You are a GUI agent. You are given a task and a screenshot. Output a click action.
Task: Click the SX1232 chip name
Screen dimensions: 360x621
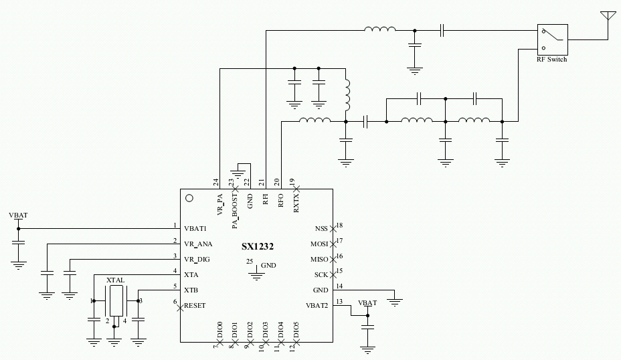click(258, 246)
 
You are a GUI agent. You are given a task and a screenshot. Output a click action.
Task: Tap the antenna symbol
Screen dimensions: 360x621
click(608, 17)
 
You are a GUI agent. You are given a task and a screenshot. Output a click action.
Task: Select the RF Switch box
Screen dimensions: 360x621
click(552, 40)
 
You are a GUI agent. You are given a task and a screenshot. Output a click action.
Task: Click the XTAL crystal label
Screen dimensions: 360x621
click(116, 279)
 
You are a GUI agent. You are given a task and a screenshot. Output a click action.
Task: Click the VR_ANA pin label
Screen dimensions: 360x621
click(199, 244)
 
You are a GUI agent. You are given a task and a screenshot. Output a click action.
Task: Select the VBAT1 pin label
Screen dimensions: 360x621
click(197, 228)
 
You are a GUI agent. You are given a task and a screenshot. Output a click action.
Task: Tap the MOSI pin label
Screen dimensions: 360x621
click(321, 243)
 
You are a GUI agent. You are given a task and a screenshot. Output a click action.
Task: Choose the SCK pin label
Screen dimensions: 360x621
click(322, 274)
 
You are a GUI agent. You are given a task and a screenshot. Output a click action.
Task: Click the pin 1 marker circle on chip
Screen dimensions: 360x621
click(189, 198)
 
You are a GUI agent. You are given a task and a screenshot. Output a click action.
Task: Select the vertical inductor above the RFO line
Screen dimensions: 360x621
click(347, 96)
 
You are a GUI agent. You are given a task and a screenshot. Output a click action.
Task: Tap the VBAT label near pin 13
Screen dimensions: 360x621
click(367, 302)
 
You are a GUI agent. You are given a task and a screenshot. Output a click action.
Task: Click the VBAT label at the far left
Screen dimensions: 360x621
click(19, 216)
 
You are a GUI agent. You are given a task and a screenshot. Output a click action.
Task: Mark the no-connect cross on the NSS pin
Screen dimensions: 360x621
click(333, 228)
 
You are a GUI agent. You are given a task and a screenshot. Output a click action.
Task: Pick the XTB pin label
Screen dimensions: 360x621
click(191, 290)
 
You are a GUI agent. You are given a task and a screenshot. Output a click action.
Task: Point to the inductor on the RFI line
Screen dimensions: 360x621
click(379, 29)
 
